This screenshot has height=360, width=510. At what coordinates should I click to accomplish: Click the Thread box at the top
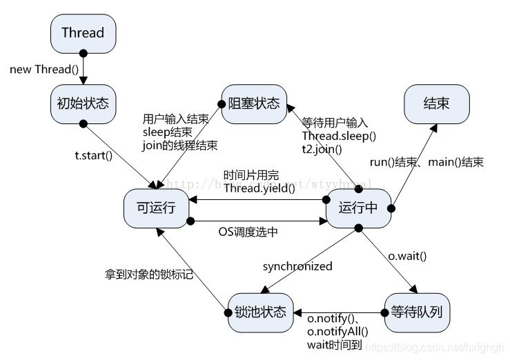click(x=83, y=32)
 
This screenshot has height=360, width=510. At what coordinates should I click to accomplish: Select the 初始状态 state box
click(x=82, y=103)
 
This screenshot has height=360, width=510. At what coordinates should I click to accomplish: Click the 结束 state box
click(x=436, y=104)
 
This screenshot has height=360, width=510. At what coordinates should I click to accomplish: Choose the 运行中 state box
click(x=358, y=208)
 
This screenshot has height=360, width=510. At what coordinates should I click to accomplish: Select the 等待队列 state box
click(x=417, y=312)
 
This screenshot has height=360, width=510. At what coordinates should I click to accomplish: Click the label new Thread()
click(x=40, y=70)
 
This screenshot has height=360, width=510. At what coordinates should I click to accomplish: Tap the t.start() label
click(x=93, y=155)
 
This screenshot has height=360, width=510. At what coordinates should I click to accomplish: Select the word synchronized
click(x=297, y=266)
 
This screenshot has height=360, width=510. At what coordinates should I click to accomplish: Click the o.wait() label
click(x=407, y=256)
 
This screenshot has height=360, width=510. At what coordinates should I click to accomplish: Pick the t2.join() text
click(x=322, y=148)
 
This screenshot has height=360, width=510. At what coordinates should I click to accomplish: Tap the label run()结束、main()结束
click(x=426, y=163)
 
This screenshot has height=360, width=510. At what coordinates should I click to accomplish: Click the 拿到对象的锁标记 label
click(x=144, y=274)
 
